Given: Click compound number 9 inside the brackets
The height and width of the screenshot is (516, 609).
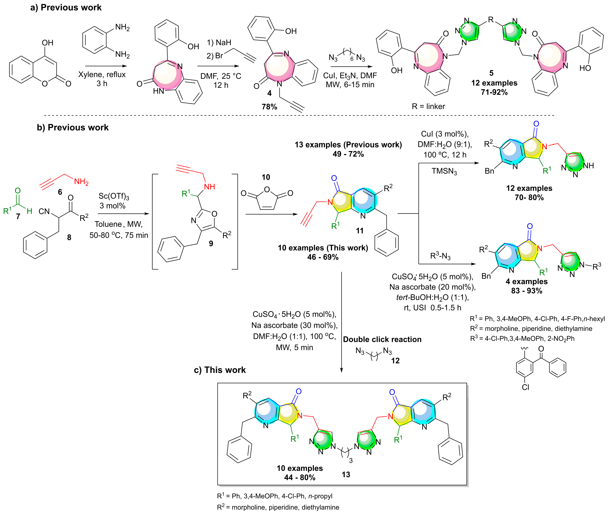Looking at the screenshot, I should [211, 243].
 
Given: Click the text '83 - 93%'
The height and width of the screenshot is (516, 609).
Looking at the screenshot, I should [527, 291].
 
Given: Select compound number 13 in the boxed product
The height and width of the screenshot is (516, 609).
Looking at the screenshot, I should [346, 474].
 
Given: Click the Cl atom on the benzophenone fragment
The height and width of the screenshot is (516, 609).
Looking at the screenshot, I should [525, 387].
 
